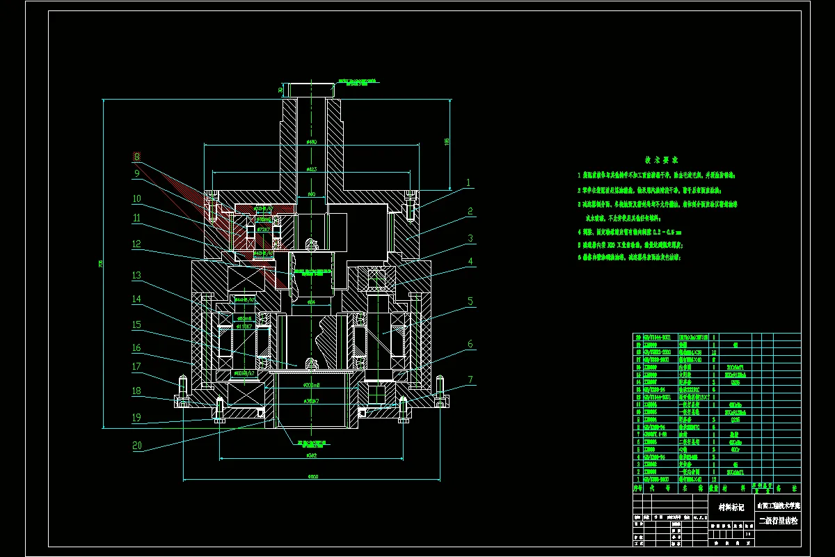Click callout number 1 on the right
pos(469,183)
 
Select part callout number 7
pos(471,379)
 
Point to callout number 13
pos(137,275)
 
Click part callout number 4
pos(471,262)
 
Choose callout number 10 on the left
pos(137,199)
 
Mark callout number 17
pos(137,367)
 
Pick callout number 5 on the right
pos(471,301)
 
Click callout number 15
pos(137,324)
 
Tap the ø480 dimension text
pos(311,142)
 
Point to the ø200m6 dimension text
pos(310,385)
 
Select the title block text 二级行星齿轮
pos(779,520)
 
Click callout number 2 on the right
pos(471,211)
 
